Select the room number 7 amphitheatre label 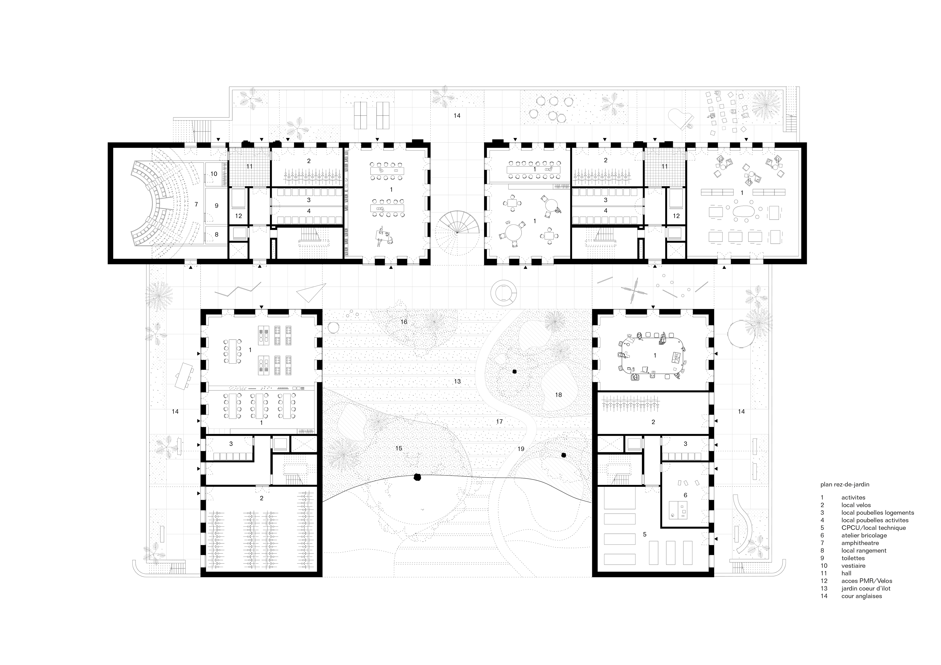tap(196, 204)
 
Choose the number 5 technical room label tap(645, 534)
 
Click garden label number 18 tap(558, 395)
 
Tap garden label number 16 tap(404, 322)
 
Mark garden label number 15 tap(399, 448)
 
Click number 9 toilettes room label tap(217, 206)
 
